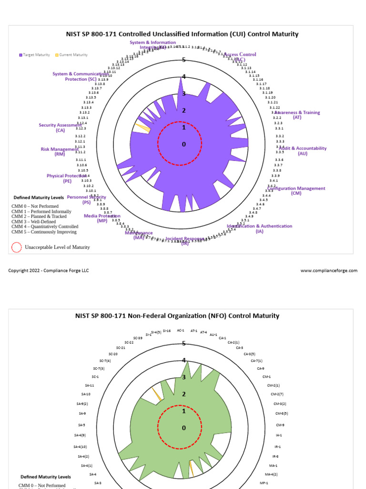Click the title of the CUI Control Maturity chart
click(182, 34)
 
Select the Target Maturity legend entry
click(34, 55)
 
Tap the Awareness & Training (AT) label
click(297, 115)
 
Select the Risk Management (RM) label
click(60, 151)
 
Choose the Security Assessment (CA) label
click(60, 128)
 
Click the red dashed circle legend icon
click(17, 247)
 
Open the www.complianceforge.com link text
click(329, 271)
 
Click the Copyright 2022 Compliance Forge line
click(49, 271)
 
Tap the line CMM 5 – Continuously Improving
click(44, 232)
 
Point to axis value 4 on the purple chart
click(183, 77)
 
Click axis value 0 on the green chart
click(183, 428)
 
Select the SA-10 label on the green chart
click(86, 394)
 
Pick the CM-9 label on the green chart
click(280, 425)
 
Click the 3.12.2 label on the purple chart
click(80, 136)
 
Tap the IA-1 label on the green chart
click(279, 436)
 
